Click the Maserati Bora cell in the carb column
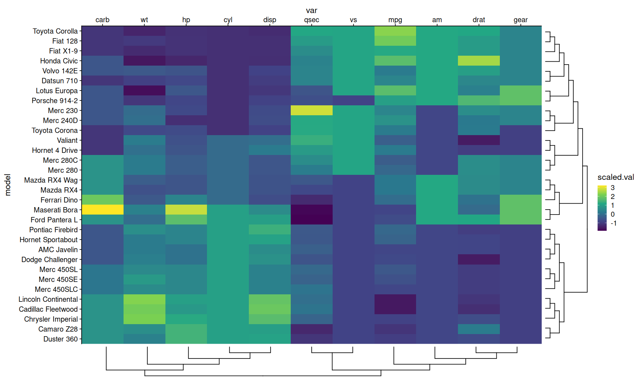[103, 210]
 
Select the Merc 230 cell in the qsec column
[311, 110]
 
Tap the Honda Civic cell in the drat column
[479, 61]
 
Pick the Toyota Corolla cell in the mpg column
[395, 31]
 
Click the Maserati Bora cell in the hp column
[186, 210]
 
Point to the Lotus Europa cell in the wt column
[144, 90]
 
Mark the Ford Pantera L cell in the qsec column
[311, 220]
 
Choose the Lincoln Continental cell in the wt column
[144, 299]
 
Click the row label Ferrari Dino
[59, 200]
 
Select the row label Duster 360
[60, 339]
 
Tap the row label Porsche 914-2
[55, 101]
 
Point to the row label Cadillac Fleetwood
[48, 309]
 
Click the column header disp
[269, 20]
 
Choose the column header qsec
[311, 20]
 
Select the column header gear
[520, 20]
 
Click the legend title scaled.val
[616, 177]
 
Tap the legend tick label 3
[612, 188]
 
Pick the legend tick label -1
[613, 223]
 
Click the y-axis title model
[8, 185]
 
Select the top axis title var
[311, 11]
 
